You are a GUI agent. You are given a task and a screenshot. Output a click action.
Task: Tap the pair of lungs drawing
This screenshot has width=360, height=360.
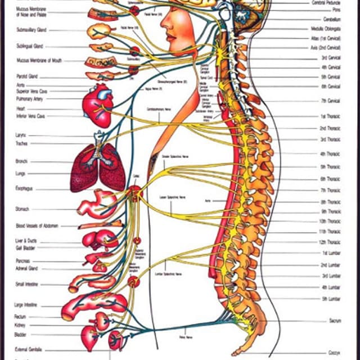(x=97, y=167)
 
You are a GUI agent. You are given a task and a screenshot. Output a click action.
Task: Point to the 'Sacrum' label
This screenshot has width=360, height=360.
(x=335, y=321)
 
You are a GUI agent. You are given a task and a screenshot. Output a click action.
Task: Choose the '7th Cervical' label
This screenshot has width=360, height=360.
(x=330, y=101)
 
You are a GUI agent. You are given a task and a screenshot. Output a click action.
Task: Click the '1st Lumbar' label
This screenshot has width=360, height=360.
(x=330, y=253)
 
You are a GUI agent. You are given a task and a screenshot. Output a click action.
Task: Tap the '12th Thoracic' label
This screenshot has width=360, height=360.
(x=330, y=242)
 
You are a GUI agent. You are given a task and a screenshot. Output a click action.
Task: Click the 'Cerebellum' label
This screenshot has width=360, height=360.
(x=329, y=19)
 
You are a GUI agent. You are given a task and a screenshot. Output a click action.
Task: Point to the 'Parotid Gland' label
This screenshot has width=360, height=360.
(x=26, y=76)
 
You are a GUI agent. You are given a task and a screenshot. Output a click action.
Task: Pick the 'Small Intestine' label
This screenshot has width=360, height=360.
(x=26, y=284)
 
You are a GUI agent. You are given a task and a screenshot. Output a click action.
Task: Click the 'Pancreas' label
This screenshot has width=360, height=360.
(x=24, y=261)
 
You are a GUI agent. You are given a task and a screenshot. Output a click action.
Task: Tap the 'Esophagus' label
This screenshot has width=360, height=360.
(x=25, y=189)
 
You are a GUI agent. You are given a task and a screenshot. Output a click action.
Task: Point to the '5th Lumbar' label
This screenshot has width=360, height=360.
(x=331, y=299)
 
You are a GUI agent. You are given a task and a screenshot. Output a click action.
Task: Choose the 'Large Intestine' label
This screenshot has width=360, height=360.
(x=26, y=305)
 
